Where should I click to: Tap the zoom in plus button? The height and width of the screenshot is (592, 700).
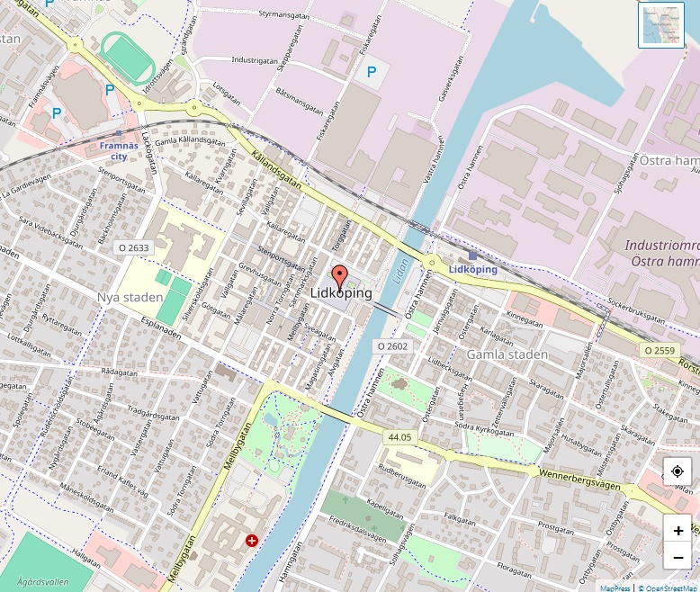678,531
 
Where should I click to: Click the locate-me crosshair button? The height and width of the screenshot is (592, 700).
678,471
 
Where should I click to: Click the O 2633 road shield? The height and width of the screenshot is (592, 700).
134,247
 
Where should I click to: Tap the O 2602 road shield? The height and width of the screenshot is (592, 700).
392,345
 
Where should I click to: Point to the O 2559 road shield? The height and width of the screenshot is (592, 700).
659,349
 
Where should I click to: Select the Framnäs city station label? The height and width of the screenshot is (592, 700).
119,150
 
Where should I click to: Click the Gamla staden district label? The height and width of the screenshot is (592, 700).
507,354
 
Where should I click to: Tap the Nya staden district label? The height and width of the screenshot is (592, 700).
130,298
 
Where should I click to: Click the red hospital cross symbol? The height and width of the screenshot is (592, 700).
251,541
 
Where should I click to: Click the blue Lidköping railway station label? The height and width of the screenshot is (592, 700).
472,269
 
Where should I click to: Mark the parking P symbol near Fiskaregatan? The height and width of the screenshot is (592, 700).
371,70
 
